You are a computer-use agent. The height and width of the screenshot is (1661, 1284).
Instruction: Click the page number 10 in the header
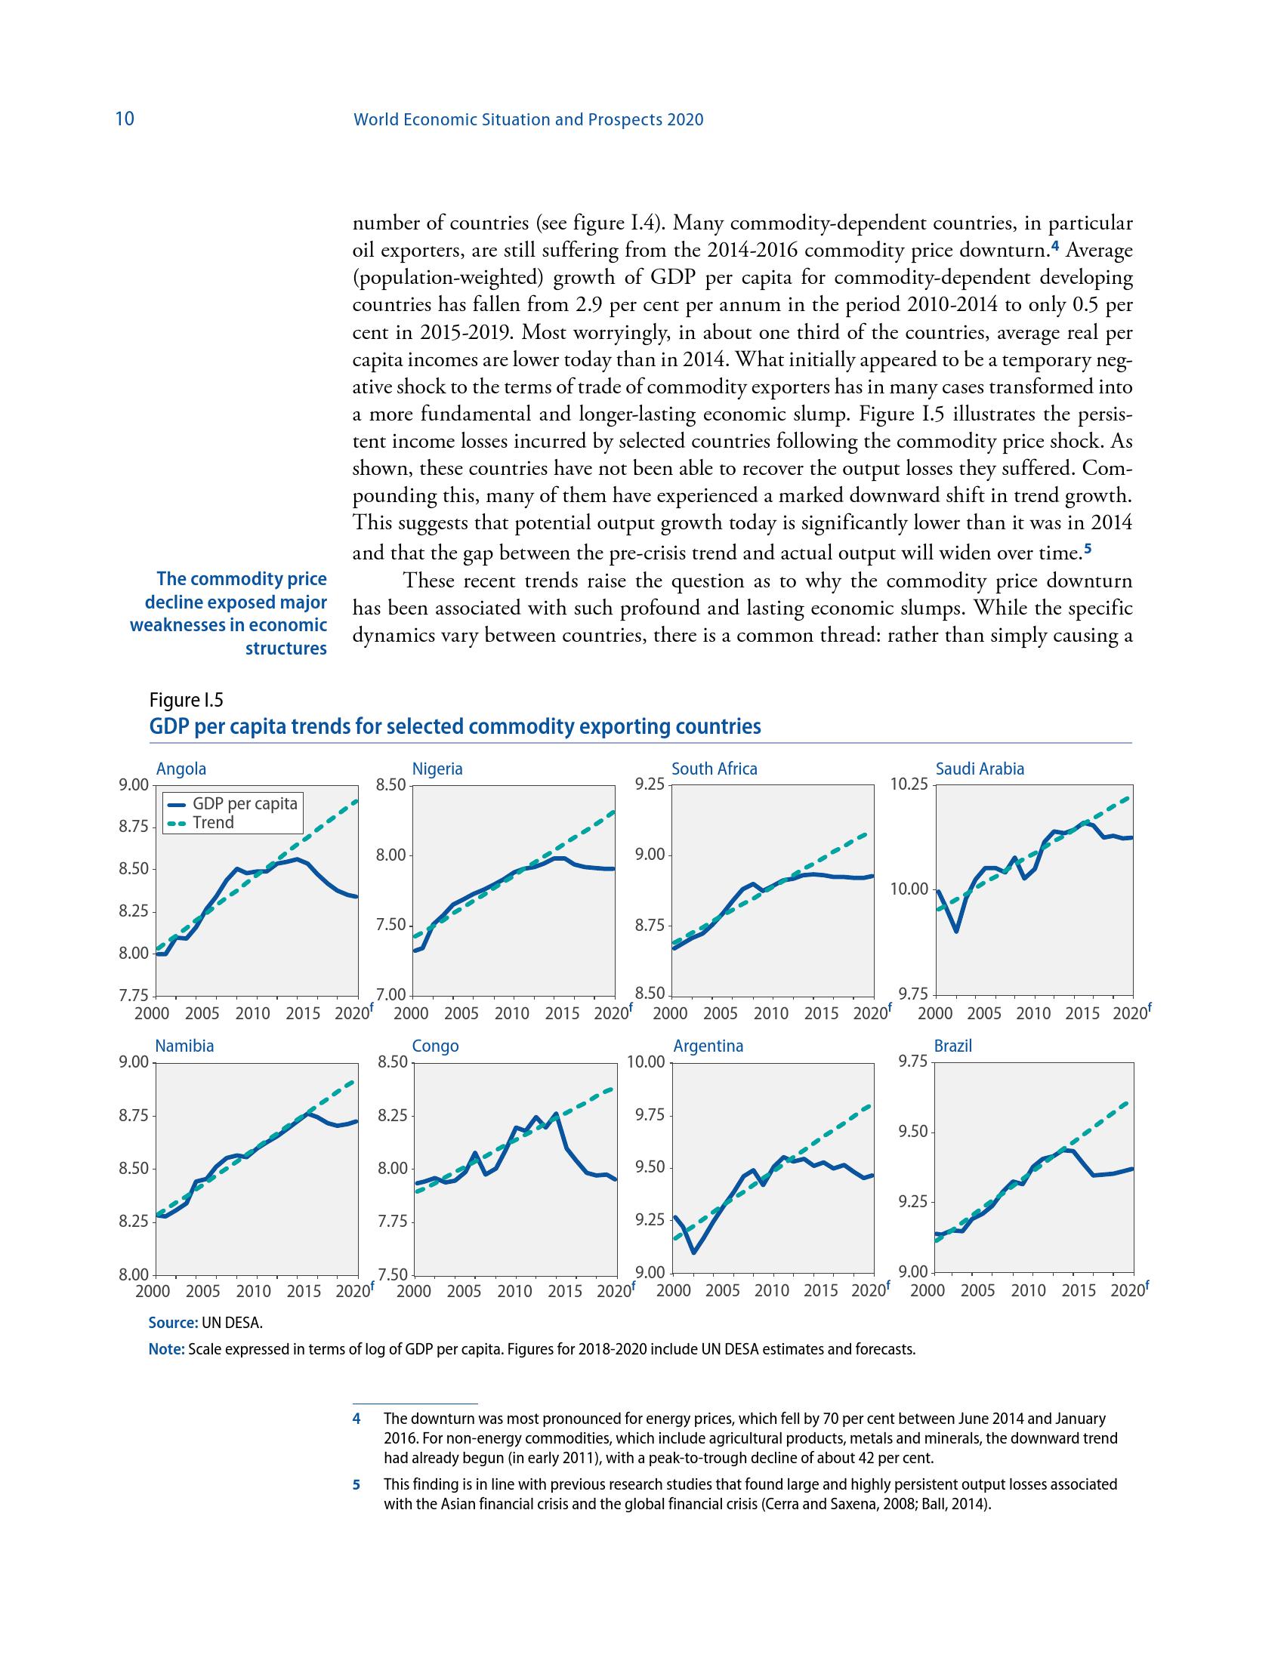click(x=124, y=119)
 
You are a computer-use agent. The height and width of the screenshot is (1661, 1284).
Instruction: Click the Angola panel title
click(x=181, y=769)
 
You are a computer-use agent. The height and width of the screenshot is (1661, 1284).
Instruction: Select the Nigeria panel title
click(x=437, y=769)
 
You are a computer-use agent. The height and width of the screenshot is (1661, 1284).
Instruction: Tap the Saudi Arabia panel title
click(x=980, y=769)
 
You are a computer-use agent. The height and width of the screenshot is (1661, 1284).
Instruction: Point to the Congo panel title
click(x=435, y=1046)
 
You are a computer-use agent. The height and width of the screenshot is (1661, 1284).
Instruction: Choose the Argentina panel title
click(x=708, y=1046)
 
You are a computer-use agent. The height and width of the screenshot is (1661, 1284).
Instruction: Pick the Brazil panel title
click(x=953, y=1046)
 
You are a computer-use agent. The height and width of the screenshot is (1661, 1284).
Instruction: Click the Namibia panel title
click(x=184, y=1046)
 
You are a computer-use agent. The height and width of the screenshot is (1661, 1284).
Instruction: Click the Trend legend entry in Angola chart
click(x=213, y=823)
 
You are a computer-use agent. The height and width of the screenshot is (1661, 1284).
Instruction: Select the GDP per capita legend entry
click(x=244, y=804)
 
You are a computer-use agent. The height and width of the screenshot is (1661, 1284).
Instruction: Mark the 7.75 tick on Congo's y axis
click(x=394, y=1222)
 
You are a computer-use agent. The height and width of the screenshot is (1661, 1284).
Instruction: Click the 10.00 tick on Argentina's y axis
click(x=646, y=1062)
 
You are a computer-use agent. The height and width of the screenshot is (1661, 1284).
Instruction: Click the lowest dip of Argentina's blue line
click(x=693, y=1252)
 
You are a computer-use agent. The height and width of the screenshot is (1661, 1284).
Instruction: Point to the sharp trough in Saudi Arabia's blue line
click(x=956, y=932)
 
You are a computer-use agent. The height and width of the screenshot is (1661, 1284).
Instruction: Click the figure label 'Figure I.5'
click(x=187, y=700)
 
